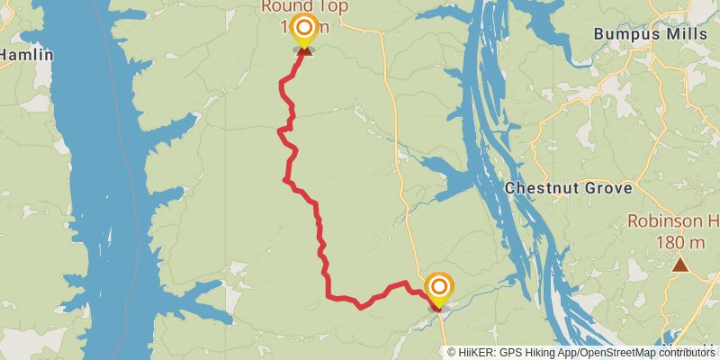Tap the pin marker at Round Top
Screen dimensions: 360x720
pos(304,29)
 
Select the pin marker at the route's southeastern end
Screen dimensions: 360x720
pos(439,288)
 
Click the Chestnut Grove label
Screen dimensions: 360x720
pos(569,189)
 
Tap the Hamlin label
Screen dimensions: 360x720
pos(25,55)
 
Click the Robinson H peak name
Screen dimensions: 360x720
pos(673,221)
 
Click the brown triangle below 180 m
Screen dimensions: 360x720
pos(680,265)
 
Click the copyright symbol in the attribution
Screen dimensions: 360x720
pos(452,352)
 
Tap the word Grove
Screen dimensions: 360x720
pos(610,189)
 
